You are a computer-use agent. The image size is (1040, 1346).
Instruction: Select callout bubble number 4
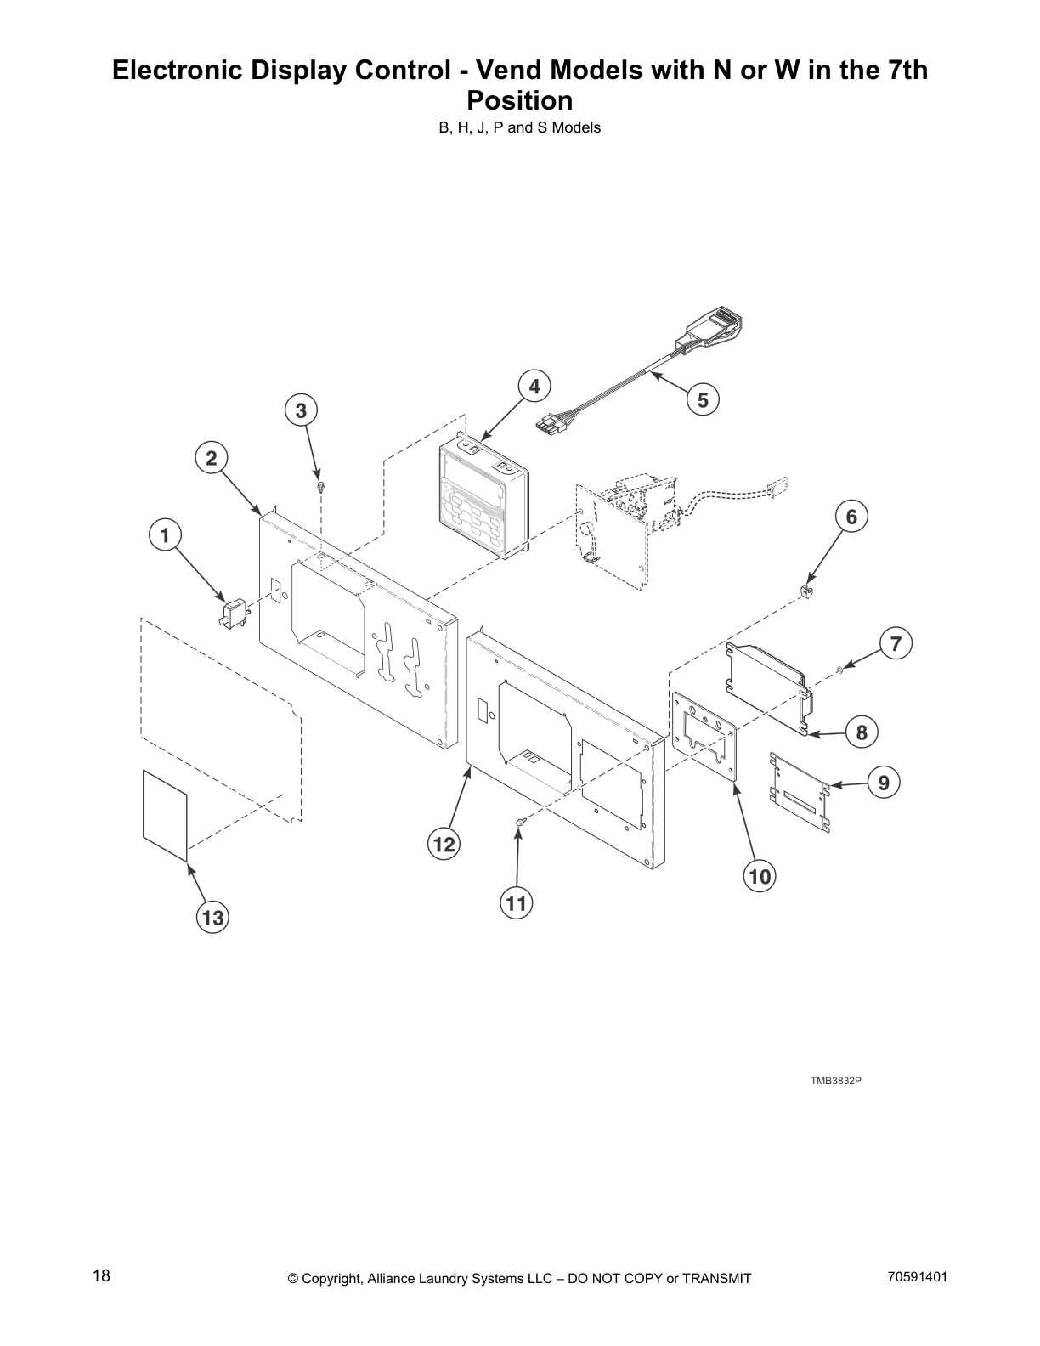click(x=534, y=387)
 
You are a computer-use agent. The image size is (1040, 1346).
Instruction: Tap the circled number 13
click(x=212, y=918)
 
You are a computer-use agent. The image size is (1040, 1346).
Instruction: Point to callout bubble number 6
click(x=851, y=516)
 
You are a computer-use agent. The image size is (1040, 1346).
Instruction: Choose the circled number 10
click(x=760, y=875)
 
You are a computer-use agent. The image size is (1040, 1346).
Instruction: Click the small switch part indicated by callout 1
click(x=232, y=612)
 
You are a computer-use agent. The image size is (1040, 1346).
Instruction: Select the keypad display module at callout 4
click(x=482, y=499)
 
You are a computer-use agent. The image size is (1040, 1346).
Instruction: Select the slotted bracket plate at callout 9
click(x=800, y=791)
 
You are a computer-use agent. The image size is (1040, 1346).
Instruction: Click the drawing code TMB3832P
click(x=835, y=1081)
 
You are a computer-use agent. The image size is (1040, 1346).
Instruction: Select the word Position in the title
click(x=520, y=100)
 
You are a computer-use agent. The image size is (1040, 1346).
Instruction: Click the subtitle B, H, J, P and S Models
click(x=520, y=128)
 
